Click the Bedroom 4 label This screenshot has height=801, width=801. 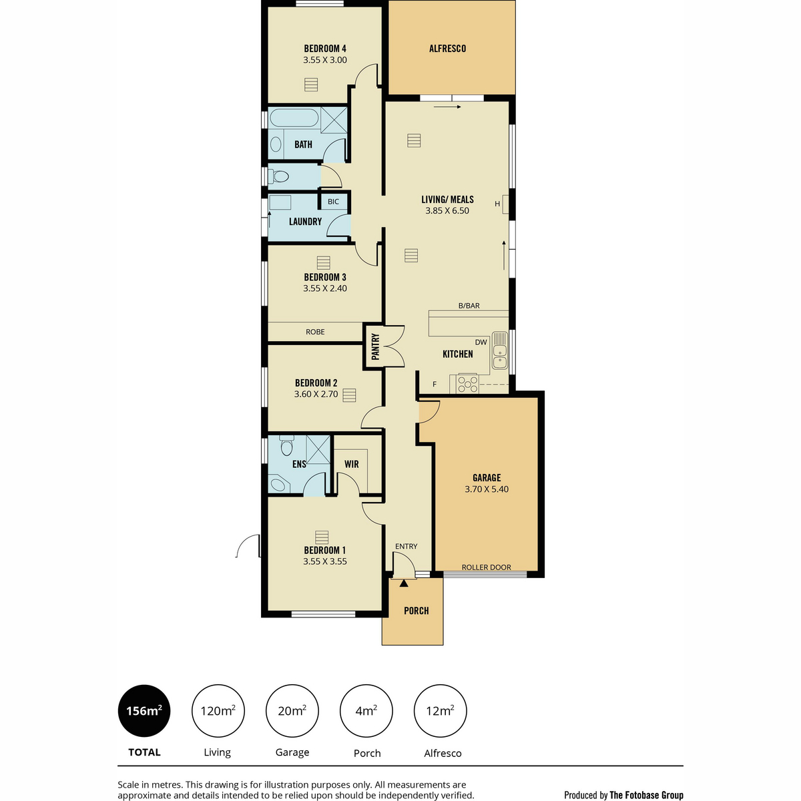(324, 49)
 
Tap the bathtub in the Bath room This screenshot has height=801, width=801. (294, 117)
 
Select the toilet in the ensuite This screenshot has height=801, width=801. (286, 445)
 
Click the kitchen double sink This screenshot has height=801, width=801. (499, 351)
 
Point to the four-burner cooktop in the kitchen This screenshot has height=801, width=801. (468, 384)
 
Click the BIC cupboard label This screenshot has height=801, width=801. (333, 202)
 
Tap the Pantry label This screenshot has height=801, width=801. (375, 346)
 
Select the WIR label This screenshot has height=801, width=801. (351, 464)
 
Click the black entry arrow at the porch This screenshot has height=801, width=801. (403, 583)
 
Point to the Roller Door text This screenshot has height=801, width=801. (486, 567)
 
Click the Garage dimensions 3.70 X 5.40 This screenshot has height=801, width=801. (487, 489)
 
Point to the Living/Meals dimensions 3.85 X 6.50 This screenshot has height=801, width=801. (447, 210)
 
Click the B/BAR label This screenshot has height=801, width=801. (469, 306)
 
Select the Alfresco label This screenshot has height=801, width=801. (447, 49)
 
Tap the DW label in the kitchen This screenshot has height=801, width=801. (481, 342)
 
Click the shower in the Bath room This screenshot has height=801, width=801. (334, 119)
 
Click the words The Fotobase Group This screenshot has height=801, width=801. (646, 795)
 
